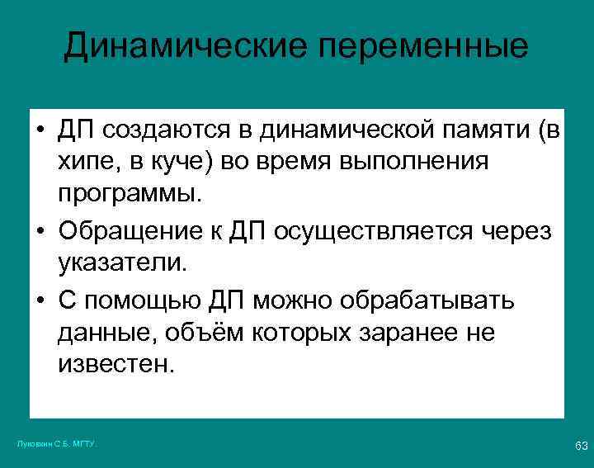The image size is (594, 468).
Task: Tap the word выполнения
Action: (x=410, y=163)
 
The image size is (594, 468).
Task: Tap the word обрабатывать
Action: (x=426, y=300)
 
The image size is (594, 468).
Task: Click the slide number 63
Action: (x=581, y=447)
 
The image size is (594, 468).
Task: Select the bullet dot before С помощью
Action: (x=40, y=301)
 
